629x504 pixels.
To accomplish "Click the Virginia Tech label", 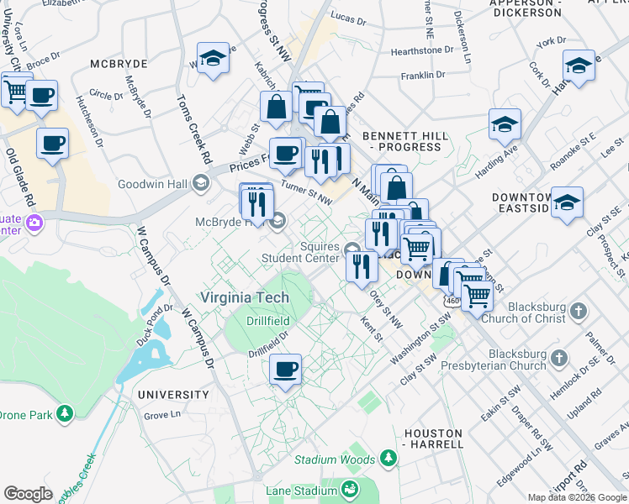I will click(244, 298).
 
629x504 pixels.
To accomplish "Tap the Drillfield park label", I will click(268, 321).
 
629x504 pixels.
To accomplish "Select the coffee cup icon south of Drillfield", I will click(286, 369).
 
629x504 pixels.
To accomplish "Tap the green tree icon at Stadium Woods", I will click(388, 459).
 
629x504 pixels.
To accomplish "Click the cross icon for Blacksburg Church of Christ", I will click(577, 312).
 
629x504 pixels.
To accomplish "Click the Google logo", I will click(28, 494).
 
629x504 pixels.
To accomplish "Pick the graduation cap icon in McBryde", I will click(214, 59).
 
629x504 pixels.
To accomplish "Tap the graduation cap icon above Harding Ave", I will click(505, 124).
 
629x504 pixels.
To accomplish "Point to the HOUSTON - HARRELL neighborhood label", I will click(433, 438).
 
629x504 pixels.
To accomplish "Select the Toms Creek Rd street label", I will click(193, 127).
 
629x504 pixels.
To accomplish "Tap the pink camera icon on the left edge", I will click(34, 223).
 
